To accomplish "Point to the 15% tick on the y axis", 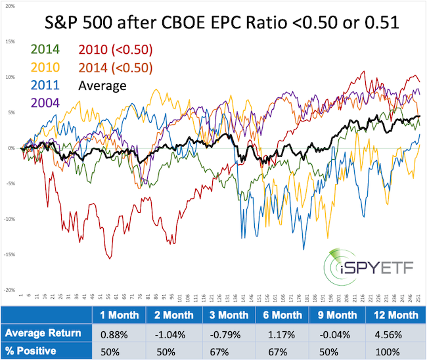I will click(11, 41).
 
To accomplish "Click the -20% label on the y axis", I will click(11, 290).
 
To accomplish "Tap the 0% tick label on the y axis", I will click(12, 148).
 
